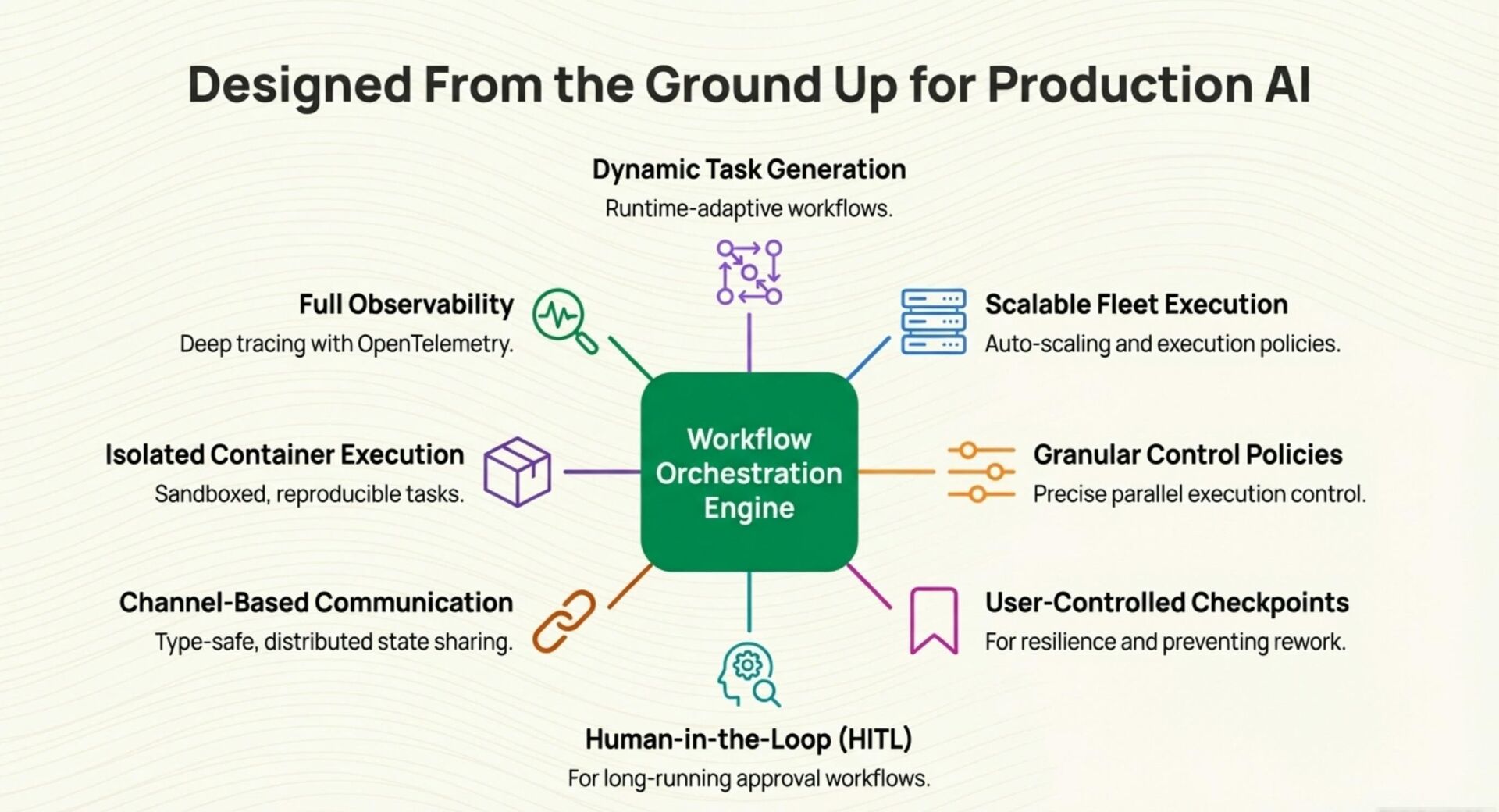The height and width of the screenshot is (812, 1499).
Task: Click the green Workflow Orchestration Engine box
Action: click(x=749, y=472)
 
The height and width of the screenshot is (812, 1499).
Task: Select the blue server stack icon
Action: click(x=933, y=321)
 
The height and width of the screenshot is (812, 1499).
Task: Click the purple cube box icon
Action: click(x=517, y=472)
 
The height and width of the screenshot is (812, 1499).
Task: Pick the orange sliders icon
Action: click(x=981, y=472)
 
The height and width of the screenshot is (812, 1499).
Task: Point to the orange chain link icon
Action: click(x=564, y=621)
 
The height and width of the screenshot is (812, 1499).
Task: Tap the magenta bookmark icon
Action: click(x=934, y=620)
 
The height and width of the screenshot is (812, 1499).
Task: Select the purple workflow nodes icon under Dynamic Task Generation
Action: click(x=749, y=272)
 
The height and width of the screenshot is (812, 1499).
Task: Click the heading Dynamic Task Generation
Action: click(x=749, y=169)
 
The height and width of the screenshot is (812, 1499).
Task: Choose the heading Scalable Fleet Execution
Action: click(x=1136, y=304)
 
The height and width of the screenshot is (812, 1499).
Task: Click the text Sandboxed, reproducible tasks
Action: click(x=309, y=494)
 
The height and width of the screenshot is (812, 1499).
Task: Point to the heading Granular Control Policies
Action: click(x=1187, y=454)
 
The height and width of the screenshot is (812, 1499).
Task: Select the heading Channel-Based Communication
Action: click(x=316, y=603)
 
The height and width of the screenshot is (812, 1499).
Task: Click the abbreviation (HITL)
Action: click(x=875, y=739)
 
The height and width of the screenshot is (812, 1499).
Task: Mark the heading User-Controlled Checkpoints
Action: click(x=1166, y=603)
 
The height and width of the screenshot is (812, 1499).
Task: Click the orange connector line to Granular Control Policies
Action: click(x=896, y=472)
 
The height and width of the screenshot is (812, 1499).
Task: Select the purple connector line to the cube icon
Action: click(x=602, y=472)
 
